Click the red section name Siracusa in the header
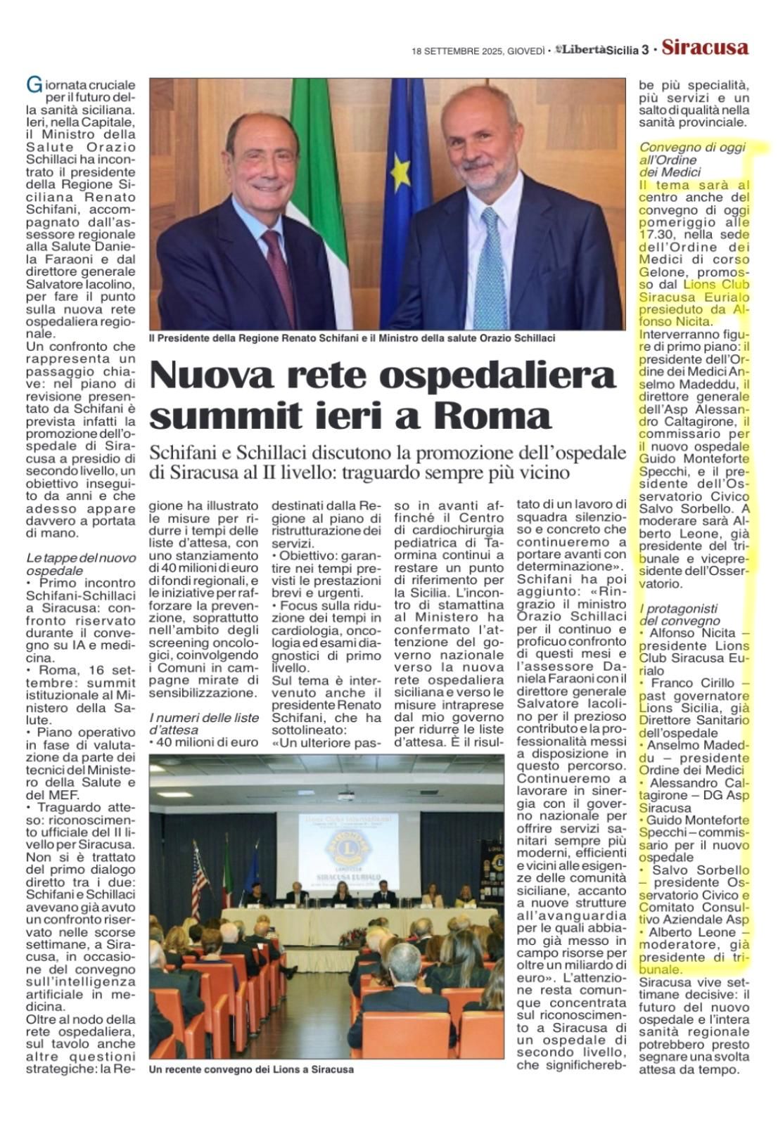coord(705,48)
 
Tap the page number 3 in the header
coord(644,49)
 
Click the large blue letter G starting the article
coord(32,85)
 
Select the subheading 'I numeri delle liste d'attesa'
coord(203,723)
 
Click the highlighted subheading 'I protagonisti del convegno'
coord(679,614)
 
